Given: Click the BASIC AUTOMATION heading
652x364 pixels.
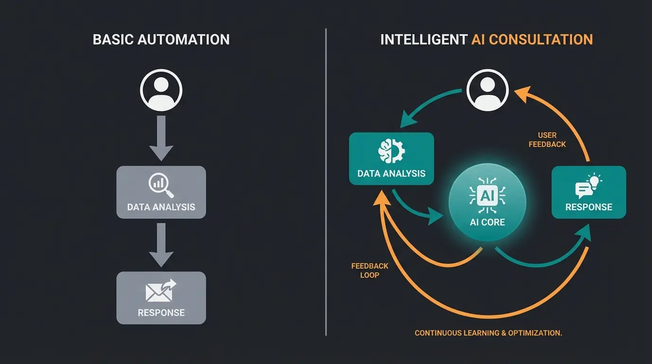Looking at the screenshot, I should [x=161, y=39].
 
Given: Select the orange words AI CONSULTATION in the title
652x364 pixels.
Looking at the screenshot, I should [x=532, y=39].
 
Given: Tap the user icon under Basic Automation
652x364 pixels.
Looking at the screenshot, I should [x=161, y=90].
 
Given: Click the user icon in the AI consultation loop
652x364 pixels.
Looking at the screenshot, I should [x=488, y=90].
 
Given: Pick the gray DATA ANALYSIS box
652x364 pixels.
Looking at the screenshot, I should [x=161, y=192].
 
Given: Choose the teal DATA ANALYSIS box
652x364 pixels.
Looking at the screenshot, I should [x=391, y=159].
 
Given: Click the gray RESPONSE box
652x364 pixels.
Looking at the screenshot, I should [x=161, y=298].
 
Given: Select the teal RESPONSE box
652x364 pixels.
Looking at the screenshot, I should [x=589, y=192].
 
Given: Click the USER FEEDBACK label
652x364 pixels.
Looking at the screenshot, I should [x=547, y=140].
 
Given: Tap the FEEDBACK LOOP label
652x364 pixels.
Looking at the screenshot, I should [x=370, y=270].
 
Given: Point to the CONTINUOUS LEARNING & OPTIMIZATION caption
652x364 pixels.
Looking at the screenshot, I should [x=488, y=333].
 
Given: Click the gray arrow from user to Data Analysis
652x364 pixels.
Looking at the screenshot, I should [x=161, y=137].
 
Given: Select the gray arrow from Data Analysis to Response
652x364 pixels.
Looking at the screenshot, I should [x=161, y=244].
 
